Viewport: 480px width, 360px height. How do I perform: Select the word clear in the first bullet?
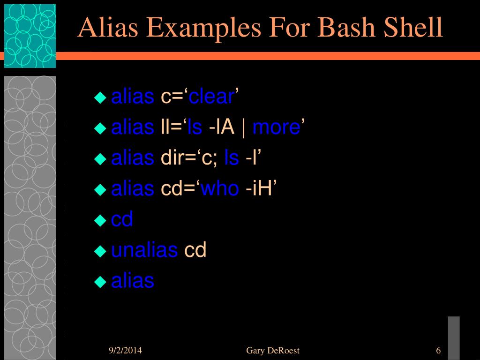(x=211, y=97)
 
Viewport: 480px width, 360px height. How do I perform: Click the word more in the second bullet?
(x=276, y=127)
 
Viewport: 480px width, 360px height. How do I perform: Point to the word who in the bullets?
(x=220, y=188)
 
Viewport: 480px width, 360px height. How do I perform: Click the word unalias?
(x=144, y=250)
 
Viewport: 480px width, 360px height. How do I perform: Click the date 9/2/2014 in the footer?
(x=125, y=351)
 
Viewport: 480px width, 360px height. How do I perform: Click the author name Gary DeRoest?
(x=272, y=351)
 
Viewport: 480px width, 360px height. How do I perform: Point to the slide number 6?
(x=438, y=351)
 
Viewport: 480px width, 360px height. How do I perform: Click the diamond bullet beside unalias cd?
(x=100, y=251)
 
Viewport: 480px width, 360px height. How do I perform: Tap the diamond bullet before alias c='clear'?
(x=100, y=97)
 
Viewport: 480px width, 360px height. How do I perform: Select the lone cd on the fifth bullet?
(x=122, y=219)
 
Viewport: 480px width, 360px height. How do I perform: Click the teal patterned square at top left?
(x=30, y=36)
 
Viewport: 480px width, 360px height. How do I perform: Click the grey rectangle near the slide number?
(x=453, y=337)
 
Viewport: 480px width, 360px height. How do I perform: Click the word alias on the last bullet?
(x=133, y=281)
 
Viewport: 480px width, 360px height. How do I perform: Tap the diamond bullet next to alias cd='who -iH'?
(x=100, y=189)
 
